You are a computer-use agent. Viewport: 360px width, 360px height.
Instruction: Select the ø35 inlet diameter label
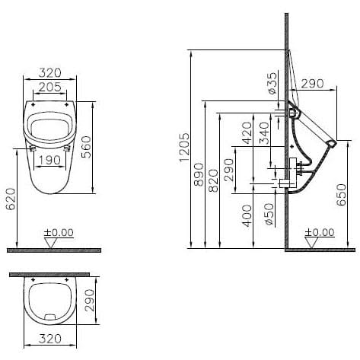(x=272, y=82)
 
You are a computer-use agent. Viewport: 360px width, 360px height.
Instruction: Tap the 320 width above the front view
(x=50, y=73)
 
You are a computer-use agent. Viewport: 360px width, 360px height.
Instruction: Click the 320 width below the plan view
(x=49, y=339)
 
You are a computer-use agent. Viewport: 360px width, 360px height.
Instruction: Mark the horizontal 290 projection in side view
(x=314, y=83)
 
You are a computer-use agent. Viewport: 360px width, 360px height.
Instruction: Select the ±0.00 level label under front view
(x=57, y=232)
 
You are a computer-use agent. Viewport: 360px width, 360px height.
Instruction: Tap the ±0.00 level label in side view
(x=318, y=232)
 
